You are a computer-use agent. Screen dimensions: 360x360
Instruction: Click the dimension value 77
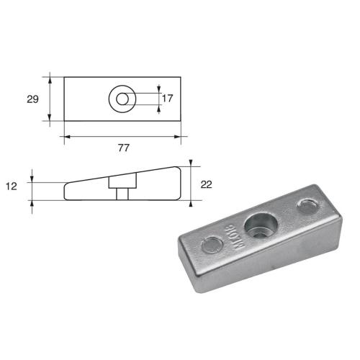123,148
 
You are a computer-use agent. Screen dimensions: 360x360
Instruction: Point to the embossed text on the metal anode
234,237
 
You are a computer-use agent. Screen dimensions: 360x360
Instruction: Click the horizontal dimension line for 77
122,136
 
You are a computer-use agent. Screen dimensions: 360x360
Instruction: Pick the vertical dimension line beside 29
50,99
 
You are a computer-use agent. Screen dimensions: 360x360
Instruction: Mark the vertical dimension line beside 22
191,184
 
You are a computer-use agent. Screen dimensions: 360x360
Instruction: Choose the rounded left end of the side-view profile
67,192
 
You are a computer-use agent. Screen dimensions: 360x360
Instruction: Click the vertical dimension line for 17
158,99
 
